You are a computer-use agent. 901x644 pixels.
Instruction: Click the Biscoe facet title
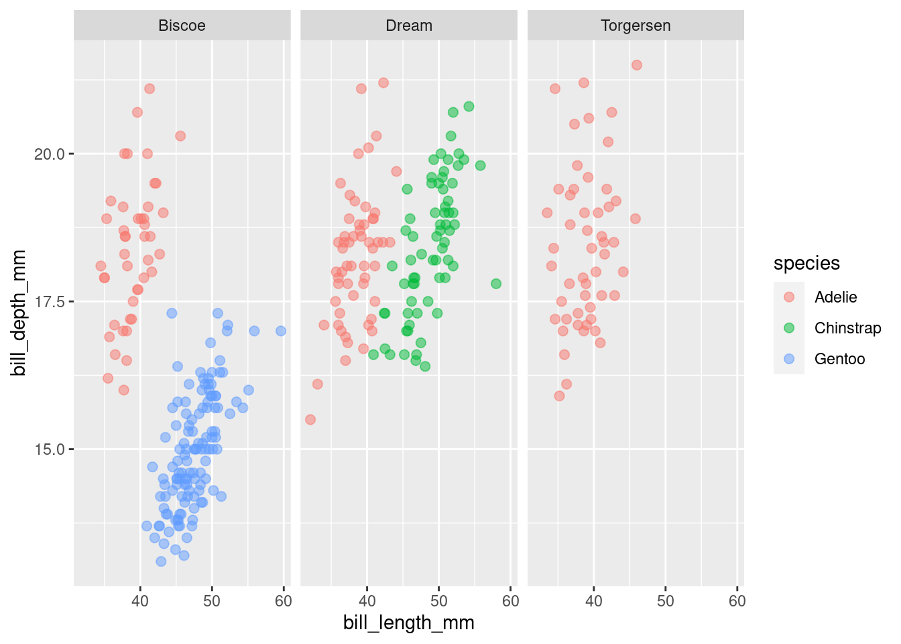coord(182,26)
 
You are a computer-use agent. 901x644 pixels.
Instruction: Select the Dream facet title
coord(409,26)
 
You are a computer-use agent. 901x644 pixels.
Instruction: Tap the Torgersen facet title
coord(636,26)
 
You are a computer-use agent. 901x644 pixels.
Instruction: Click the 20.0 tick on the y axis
coord(50,154)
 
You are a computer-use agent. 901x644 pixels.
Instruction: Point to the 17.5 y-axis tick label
coord(50,302)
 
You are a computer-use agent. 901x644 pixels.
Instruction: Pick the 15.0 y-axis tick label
coord(50,449)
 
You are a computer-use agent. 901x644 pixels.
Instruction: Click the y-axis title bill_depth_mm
coord(19,313)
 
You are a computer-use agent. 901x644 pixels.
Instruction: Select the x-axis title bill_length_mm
coord(409,623)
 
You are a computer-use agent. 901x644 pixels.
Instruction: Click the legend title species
coord(806,264)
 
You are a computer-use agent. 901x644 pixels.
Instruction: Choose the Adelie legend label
coord(835,297)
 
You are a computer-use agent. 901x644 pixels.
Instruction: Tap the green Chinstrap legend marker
coord(789,328)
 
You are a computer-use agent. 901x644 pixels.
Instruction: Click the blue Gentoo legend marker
coord(789,359)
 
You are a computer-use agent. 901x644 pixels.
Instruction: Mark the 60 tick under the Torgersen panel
coord(737,601)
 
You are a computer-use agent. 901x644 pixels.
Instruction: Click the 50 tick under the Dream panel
coord(438,601)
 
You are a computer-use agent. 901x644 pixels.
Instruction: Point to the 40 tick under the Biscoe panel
coord(140,601)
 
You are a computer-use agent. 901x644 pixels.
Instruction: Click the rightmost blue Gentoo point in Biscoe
coord(281,331)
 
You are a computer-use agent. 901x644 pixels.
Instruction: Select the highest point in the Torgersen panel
coord(637,65)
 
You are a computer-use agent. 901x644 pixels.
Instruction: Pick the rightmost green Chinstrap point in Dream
coord(496,284)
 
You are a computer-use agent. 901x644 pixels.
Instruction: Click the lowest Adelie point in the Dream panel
coord(310,420)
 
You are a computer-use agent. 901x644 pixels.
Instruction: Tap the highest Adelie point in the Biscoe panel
coord(149,89)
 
